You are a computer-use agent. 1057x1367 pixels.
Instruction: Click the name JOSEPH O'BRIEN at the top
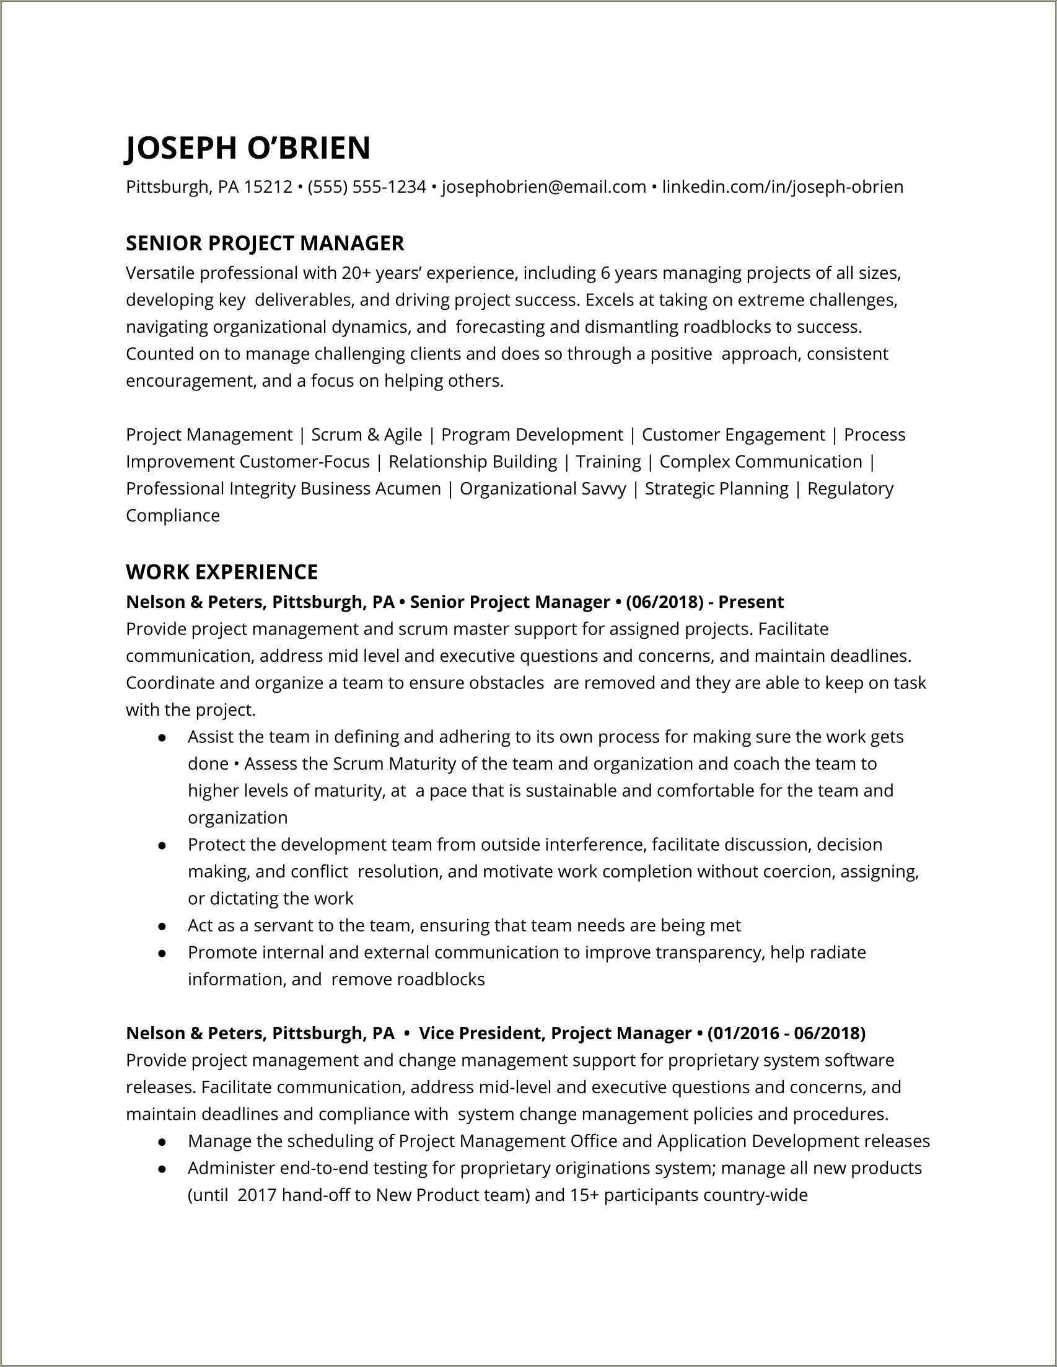(248, 147)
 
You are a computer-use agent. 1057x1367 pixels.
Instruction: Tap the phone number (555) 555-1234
(367, 187)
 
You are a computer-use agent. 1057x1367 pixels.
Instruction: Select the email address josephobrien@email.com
(544, 187)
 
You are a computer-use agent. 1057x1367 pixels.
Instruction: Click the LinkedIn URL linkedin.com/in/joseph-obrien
(783, 187)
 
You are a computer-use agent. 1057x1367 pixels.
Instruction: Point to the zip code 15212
(268, 187)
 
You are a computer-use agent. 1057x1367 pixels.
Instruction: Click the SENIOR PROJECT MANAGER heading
(265, 243)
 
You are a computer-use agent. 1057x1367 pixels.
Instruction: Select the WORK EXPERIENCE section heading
(222, 571)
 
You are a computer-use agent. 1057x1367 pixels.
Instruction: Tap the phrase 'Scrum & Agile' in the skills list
(367, 434)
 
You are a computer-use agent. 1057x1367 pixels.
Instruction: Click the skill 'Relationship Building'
(473, 461)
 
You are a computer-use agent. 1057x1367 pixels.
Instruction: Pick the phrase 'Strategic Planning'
(717, 488)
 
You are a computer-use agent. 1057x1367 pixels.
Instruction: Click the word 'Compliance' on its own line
(173, 515)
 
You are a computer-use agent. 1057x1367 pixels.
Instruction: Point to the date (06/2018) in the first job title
(664, 602)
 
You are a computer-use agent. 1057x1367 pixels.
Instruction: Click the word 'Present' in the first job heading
(750, 602)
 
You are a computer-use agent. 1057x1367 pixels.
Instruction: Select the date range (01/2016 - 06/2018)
(786, 1033)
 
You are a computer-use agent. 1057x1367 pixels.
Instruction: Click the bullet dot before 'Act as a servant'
(162, 926)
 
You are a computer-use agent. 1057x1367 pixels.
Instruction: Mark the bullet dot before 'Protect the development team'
(162, 845)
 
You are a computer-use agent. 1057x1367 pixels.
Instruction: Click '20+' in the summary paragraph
(356, 273)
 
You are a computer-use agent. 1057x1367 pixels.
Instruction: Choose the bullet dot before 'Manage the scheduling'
(162, 1141)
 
